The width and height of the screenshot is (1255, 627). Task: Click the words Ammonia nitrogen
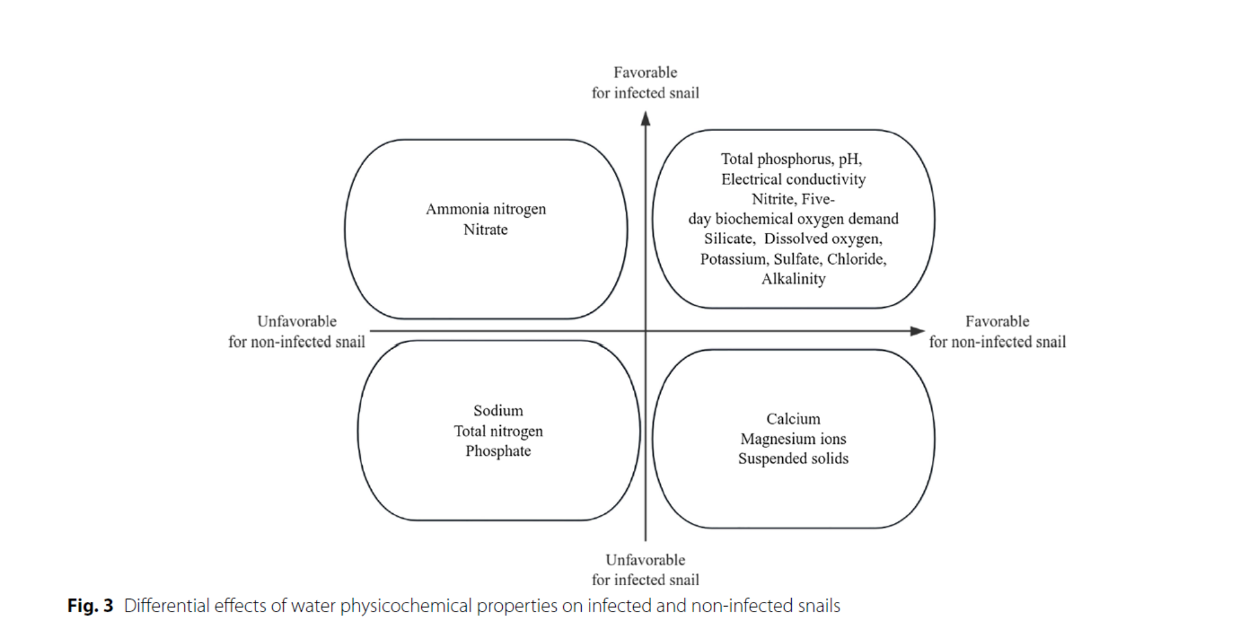coord(485,209)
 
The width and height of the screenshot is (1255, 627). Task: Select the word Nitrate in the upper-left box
coord(485,230)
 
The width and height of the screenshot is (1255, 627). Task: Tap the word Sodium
coord(498,411)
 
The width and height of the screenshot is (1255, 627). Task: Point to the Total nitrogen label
coord(498,431)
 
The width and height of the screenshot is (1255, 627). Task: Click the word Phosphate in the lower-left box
coord(498,451)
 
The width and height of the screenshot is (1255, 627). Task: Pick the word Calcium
coord(793,419)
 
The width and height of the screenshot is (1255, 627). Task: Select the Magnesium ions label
coord(793,439)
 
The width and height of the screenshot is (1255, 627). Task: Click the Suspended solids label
coord(793,459)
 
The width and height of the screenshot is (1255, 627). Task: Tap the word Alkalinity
coord(793,279)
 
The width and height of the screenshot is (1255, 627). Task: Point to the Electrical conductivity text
coord(793,179)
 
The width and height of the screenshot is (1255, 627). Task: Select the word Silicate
coord(728,239)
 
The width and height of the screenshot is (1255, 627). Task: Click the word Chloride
coord(856,259)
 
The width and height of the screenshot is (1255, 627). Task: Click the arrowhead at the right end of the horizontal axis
coord(917,331)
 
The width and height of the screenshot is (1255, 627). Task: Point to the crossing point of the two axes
coord(645,331)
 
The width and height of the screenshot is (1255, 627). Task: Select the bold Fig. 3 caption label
coord(90,606)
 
